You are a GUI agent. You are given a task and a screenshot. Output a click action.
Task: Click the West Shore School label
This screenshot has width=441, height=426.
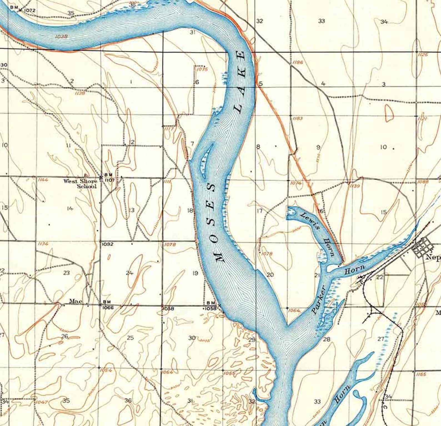click(81, 184)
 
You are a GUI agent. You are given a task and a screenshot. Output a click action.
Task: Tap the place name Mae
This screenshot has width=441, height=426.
click(74, 301)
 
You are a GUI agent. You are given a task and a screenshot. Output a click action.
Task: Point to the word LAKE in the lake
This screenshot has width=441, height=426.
click(240, 82)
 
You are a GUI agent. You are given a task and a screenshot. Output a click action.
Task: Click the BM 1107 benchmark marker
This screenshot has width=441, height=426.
click(101, 177)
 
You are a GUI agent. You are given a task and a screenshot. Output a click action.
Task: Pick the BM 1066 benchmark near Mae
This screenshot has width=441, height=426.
click(101, 304)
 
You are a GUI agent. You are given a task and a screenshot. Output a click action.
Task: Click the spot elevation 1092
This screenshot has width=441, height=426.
click(107, 244)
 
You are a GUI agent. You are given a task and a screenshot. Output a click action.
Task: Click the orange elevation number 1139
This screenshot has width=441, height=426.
click(355, 186)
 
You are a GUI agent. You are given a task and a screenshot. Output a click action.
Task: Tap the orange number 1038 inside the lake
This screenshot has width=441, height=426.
click(61, 36)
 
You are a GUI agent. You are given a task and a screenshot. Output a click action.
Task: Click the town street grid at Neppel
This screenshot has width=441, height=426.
click(422, 248)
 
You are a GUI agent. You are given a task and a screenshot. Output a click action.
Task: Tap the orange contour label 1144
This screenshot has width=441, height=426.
click(43, 180)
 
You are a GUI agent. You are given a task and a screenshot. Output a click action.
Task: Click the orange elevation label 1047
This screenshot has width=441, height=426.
click(42, 402)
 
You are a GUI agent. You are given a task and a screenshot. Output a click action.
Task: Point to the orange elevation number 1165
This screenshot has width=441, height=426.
click(421, 374)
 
